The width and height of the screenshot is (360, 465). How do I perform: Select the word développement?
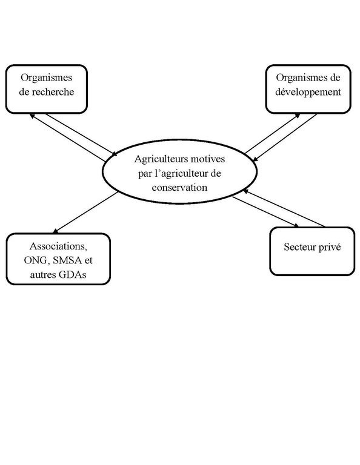coord(308,92)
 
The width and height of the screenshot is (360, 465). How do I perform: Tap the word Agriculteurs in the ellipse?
coord(161,159)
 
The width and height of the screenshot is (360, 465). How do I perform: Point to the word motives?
coord(208,159)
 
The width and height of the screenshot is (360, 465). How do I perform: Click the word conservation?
coord(179,188)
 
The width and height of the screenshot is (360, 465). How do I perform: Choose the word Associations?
coord(58,246)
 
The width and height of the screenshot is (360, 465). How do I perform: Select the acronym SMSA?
coord(67,260)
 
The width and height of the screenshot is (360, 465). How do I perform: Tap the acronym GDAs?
coord(72,275)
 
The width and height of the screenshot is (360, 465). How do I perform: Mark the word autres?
coord(43,275)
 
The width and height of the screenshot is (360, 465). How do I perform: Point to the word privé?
coord(329,247)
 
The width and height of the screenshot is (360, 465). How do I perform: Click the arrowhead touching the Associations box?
coord(55,231)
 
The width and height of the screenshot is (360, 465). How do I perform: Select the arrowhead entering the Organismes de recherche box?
coord(32,116)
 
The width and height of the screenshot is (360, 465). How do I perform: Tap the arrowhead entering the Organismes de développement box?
coord(298,116)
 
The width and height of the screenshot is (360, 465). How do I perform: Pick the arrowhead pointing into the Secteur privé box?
coord(296,225)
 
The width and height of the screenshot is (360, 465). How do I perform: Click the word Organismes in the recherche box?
coord(46,77)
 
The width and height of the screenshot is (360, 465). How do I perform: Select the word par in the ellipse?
coord(145,174)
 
